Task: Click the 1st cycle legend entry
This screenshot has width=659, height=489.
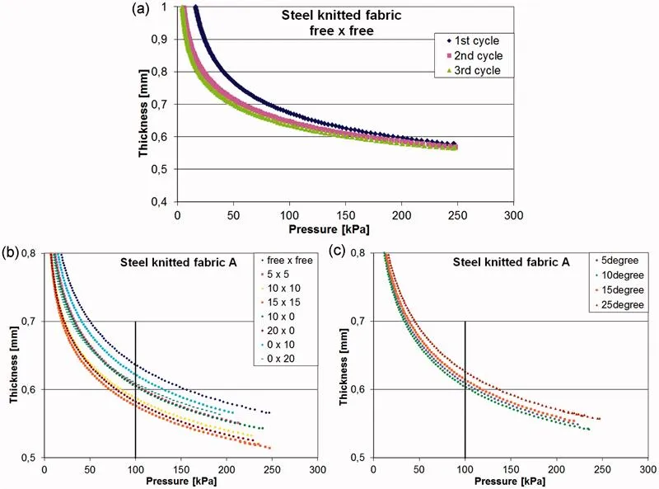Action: (x=474, y=40)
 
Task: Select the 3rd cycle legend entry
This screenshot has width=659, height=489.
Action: (x=474, y=71)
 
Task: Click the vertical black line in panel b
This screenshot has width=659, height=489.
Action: (x=135, y=388)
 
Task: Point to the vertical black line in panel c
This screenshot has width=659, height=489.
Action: (x=465, y=388)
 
